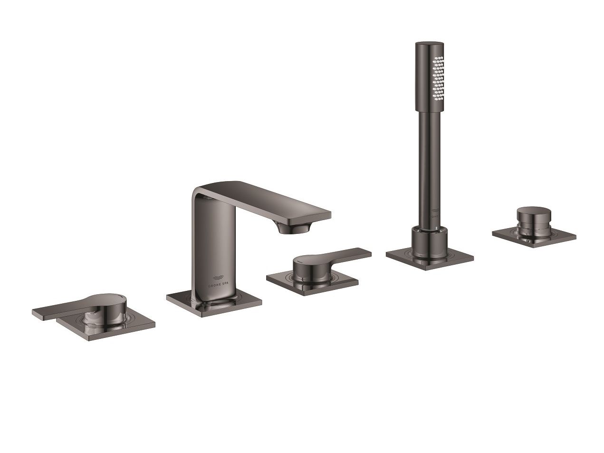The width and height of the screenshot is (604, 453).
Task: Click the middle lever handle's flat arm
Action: pos(347,254)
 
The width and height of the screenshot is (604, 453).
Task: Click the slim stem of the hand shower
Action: pos(430,166)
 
